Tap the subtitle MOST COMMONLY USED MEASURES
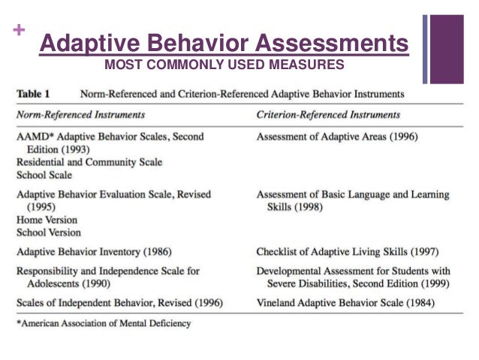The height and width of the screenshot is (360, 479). (x=224, y=65)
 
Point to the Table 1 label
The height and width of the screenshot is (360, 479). (x=34, y=95)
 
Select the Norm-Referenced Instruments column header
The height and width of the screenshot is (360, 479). (x=80, y=115)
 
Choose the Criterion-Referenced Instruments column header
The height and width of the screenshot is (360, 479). (x=328, y=115)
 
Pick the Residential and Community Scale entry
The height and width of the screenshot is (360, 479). (x=89, y=162)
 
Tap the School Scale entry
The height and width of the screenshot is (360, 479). (x=45, y=174)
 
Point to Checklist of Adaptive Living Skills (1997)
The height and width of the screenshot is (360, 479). (x=347, y=252)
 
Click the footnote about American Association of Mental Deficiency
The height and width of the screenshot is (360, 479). (x=103, y=323)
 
